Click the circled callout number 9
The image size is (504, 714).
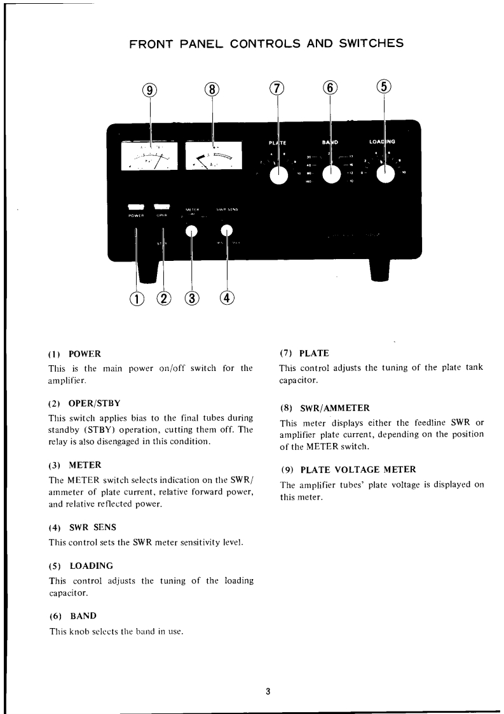(x=150, y=90)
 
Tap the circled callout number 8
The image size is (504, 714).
(x=212, y=90)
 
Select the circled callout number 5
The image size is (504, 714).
(x=385, y=88)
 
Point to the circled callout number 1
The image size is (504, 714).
(x=137, y=298)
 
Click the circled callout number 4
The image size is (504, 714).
(x=227, y=298)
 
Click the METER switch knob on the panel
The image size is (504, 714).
(x=191, y=232)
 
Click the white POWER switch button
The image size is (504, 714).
(x=136, y=206)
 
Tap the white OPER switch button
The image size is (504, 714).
(x=162, y=206)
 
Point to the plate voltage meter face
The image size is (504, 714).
(x=150, y=157)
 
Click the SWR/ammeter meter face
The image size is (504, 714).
(x=213, y=157)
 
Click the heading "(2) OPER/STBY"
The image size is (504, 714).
(x=85, y=403)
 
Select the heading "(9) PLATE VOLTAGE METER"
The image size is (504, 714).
(x=348, y=470)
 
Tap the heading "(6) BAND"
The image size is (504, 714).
(x=72, y=616)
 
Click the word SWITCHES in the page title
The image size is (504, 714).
(x=365, y=44)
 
